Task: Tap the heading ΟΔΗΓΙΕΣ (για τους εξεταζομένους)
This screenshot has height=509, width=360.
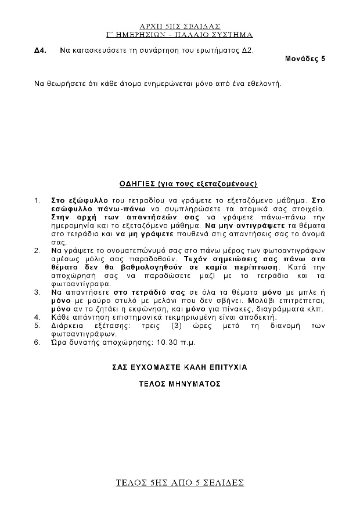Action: [x=180, y=183]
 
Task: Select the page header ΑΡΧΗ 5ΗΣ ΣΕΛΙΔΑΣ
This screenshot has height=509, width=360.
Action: [x=180, y=26]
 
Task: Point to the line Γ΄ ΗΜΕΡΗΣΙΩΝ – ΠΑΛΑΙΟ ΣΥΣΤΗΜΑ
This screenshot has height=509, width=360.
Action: [x=180, y=35]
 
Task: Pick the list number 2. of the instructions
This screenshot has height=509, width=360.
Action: [x=37, y=251]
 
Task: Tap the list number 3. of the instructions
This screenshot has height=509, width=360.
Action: [x=37, y=293]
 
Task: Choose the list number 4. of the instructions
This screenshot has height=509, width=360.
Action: [x=37, y=317]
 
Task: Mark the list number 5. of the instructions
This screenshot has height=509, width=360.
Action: [x=37, y=326]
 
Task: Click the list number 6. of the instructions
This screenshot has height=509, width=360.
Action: [x=37, y=342]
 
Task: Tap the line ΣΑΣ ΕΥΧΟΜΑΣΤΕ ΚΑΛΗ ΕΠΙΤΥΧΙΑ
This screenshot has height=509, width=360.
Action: [x=180, y=367]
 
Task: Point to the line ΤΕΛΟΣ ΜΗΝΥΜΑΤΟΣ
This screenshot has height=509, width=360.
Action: [x=180, y=384]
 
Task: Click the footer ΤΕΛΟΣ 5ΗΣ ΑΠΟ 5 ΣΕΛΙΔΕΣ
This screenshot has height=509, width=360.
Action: [x=180, y=483]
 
